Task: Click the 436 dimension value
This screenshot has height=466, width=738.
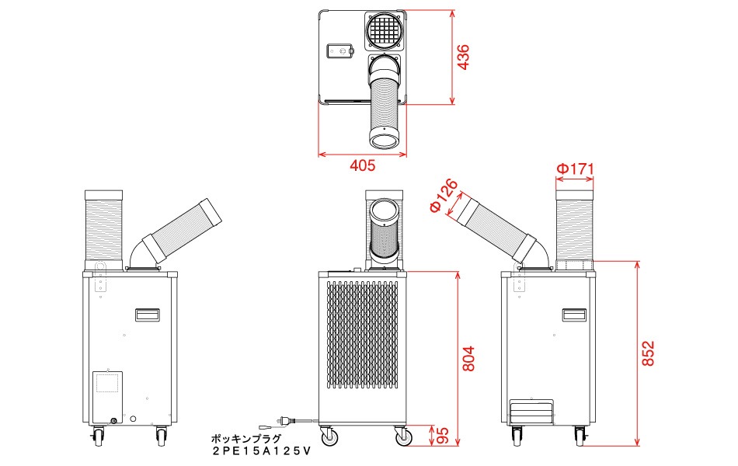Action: (x=464, y=57)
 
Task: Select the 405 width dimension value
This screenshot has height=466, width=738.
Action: (x=363, y=165)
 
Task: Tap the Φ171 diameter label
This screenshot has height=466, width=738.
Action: (x=575, y=169)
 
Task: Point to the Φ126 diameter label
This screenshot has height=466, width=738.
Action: (x=444, y=196)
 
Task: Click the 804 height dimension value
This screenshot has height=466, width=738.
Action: (x=468, y=359)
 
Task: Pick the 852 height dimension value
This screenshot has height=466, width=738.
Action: (x=648, y=353)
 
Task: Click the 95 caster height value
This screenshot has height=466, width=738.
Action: (x=443, y=436)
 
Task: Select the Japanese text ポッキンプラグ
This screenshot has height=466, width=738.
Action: (x=246, y=439)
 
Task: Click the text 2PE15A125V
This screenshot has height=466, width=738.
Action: (x=262, y=451)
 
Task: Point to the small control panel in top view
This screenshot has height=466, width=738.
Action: (x=339, y=51)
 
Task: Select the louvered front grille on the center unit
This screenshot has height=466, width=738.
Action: (x=362, y=335)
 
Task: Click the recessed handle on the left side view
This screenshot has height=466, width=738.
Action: (x=148, y=315)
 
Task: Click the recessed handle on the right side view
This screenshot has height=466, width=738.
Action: (x=574, y=315)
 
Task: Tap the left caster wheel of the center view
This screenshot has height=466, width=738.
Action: (x=329, y=436)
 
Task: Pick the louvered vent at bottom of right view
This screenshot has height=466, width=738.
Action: (x=532, y=412)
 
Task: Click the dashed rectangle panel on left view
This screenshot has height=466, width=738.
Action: (x=107, y=382)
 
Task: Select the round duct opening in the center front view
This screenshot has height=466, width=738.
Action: (x=385, y=210)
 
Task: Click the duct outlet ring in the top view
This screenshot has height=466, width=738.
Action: (x=385, y=139)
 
